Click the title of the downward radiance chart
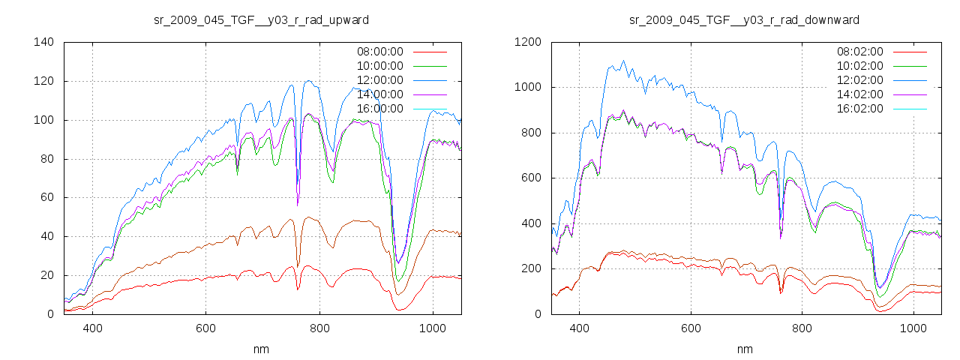[x=744, y=19]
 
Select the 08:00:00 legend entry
[x=379, y=52]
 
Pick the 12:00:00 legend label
[x=379, y=80]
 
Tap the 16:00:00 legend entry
[x=379, y=109]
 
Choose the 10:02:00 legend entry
[x=859, y=66]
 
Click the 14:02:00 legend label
[x=859, y=94]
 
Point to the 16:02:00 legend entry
[x=859, y=109]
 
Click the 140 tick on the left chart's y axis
[x=43, y=42]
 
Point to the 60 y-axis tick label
[x=46, y=197]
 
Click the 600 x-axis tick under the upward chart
[x=205, y=328]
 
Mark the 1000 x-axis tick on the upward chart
[x=432, y=328]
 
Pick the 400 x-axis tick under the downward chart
[x=578, y=328]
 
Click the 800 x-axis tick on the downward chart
[x=802, y=328]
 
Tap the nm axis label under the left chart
[x=262, y=349]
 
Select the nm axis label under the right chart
[x=744, y=349]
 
